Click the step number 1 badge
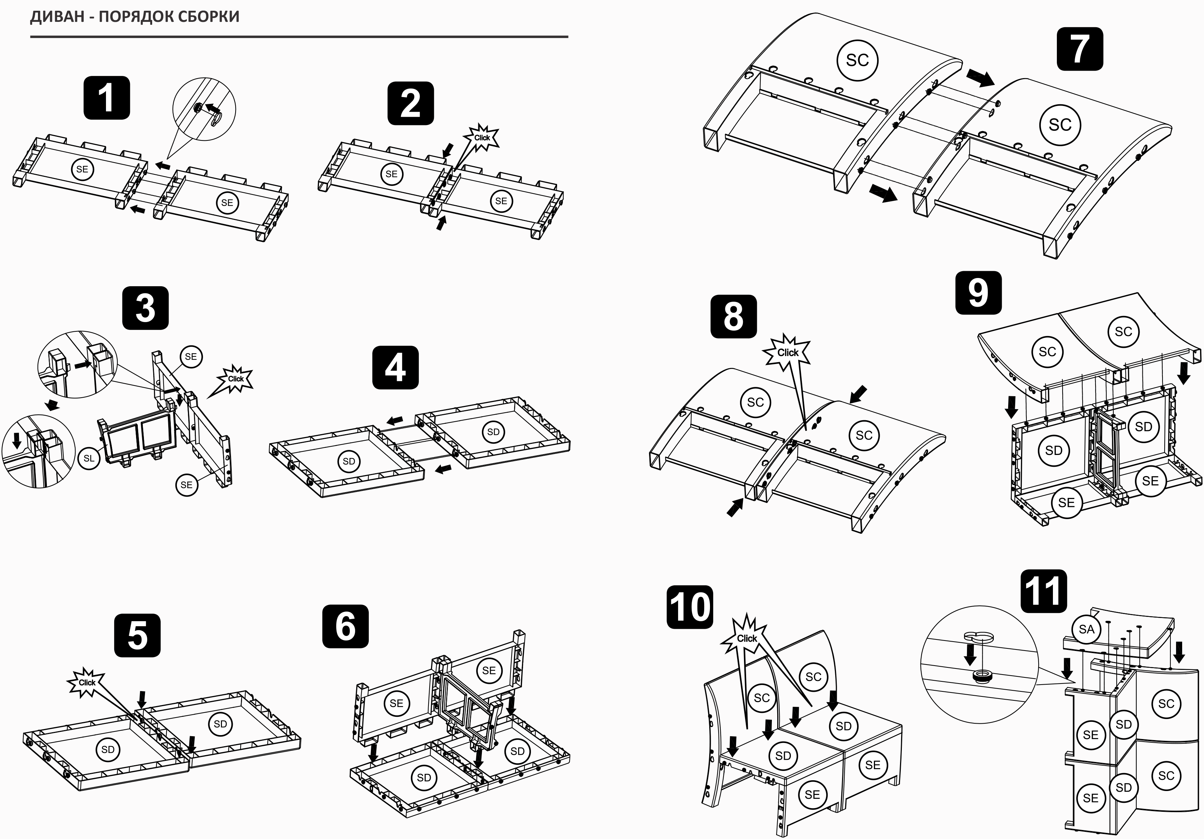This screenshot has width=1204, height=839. tap(106, 98)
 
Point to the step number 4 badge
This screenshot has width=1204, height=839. tap(395, 367)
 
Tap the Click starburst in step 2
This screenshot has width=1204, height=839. tap(482, 138)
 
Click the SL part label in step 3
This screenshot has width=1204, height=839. tap(89, 458)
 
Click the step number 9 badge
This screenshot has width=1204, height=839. tap(978, 293)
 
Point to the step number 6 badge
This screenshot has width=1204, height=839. tap(345, 626)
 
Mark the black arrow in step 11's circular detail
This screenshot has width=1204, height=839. tap(970, 654)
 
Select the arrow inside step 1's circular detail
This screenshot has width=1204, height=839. tap(212, 109)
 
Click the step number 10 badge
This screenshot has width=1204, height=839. tap(690, 607)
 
